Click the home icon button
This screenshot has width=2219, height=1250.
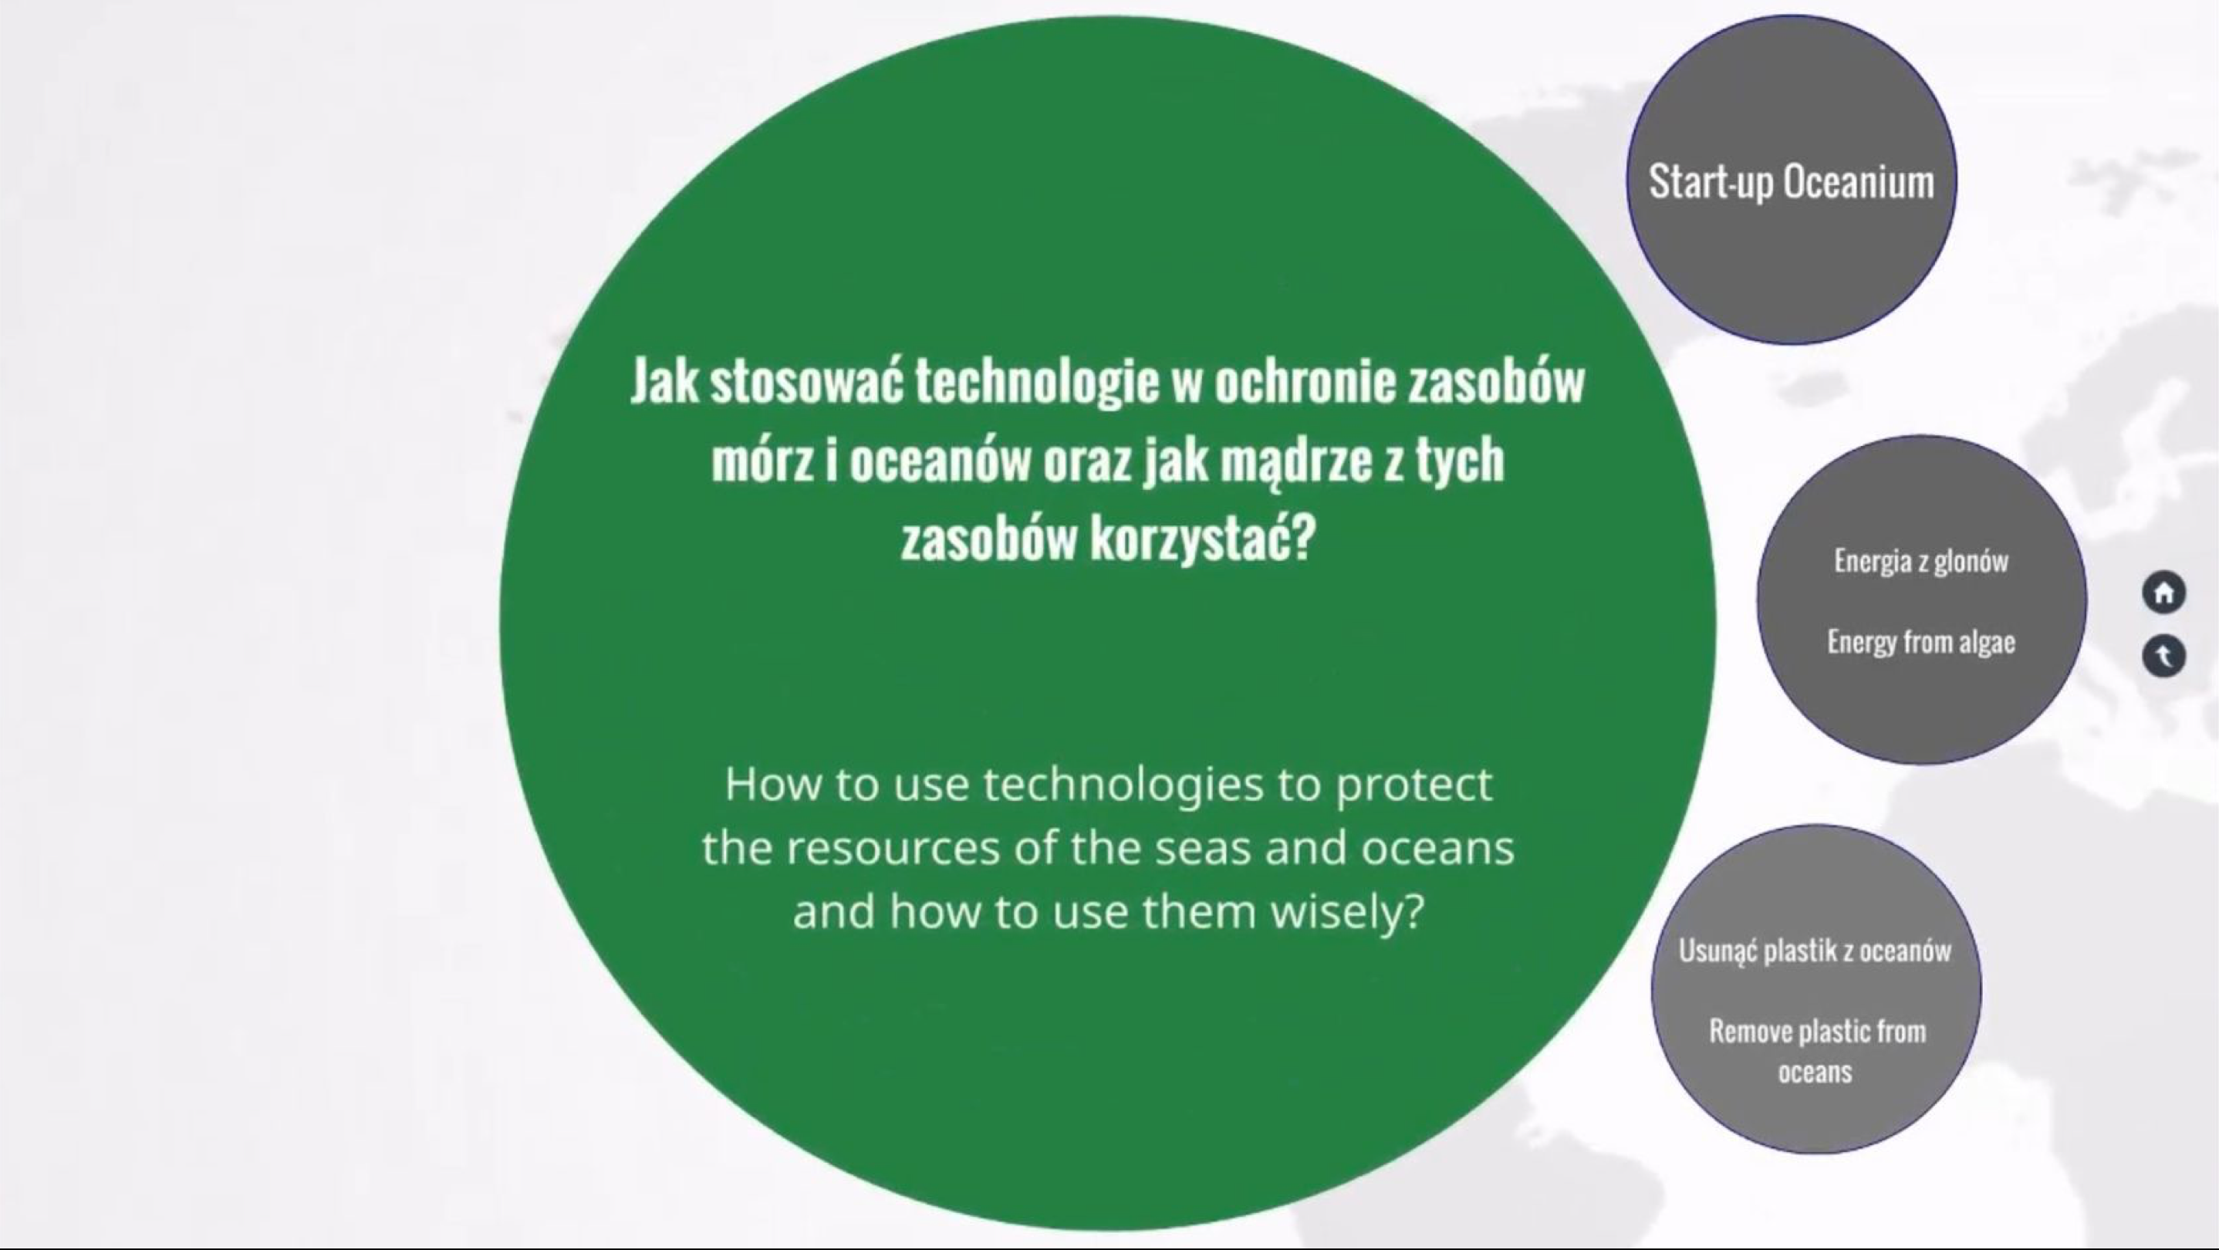click(2164, 593)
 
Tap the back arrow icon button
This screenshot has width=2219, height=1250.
click(2164, 657)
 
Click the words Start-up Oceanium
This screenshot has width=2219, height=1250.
click(1791, 182)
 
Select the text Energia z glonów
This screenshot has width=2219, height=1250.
click(1921, 562)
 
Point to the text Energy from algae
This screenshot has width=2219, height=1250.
click(1921, 642)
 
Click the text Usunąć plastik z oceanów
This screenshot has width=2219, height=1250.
click(1815, 950)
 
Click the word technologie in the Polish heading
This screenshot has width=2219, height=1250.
click(1037, 382)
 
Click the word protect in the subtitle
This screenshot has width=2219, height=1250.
click(1413, 785)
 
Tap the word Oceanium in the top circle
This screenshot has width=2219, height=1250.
click(1859, 182)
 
